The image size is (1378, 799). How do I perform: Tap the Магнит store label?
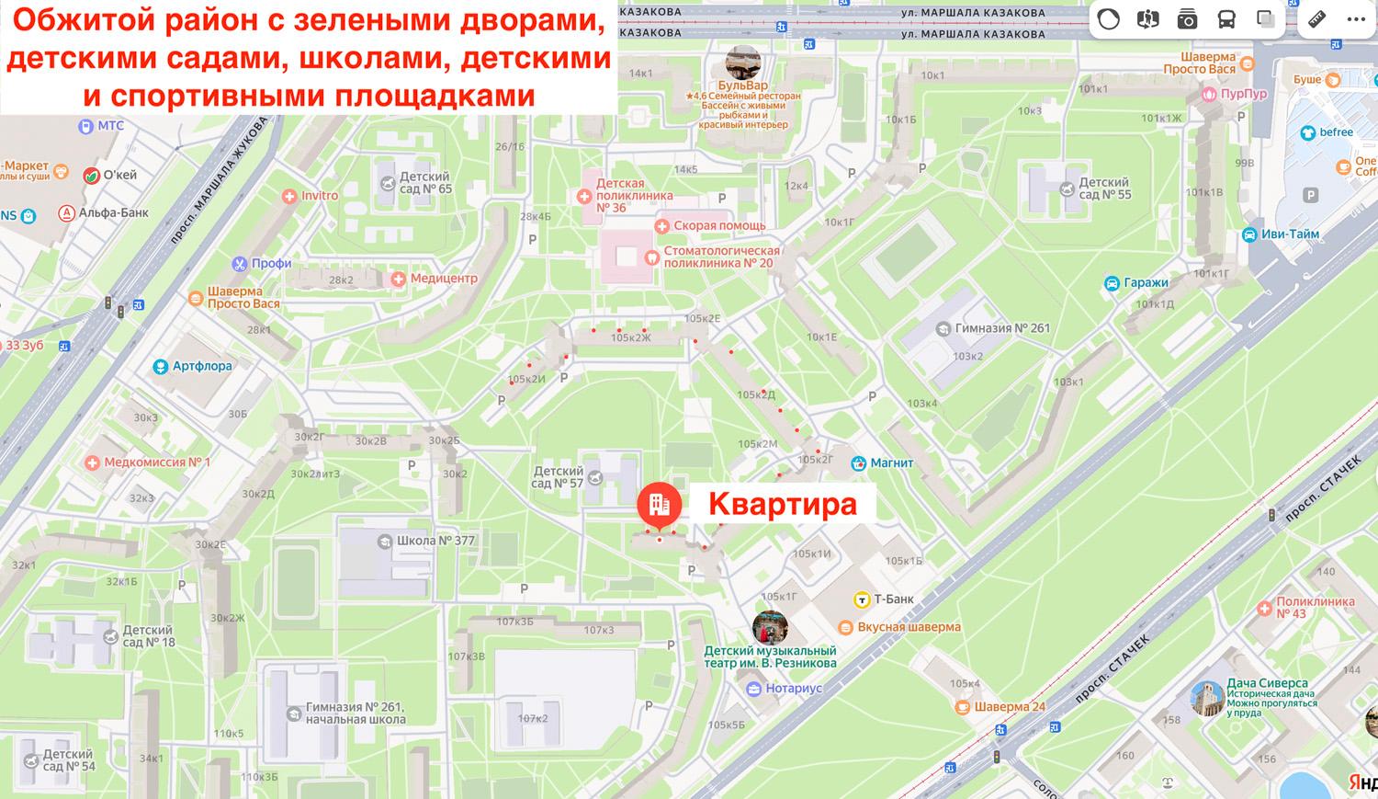890,462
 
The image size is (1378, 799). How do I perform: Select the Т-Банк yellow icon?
862,599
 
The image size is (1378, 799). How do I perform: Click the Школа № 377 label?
435,541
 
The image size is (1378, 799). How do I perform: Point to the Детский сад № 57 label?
558,477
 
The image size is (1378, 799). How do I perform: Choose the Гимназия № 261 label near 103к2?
1001,328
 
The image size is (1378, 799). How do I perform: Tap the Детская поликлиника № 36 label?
634,196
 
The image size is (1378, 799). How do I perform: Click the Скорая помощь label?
719,225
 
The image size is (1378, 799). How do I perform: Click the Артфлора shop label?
202,366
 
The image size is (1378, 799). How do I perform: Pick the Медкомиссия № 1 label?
157,462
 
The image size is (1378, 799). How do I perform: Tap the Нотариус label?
794,688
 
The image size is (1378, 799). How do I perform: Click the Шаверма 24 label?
1010,706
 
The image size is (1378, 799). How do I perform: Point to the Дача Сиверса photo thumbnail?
1206,698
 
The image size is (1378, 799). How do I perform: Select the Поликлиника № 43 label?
1316,608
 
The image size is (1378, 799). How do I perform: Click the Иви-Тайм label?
1290,234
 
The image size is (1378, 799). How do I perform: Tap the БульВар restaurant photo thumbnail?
742,63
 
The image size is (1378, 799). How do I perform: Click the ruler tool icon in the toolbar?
1316,19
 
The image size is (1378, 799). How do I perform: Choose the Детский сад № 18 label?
147,636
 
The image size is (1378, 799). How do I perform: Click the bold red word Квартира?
782,504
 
